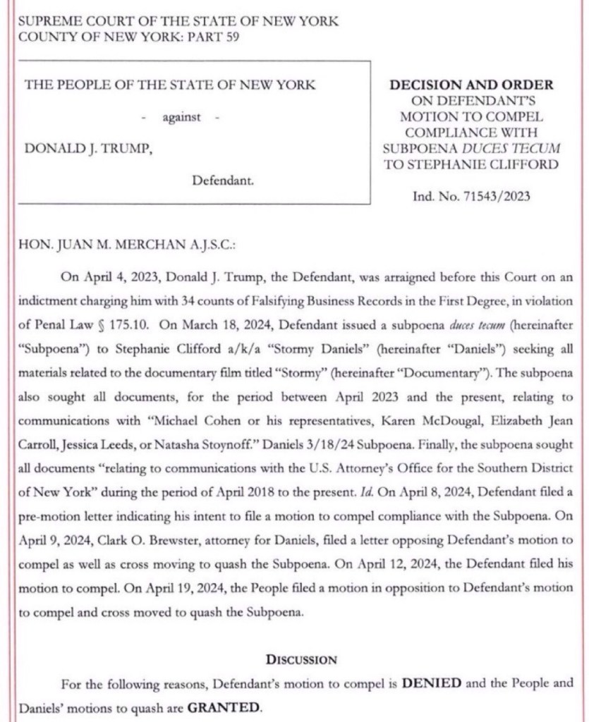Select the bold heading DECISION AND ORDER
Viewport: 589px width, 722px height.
(472, 85)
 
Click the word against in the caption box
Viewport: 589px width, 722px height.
(181, 118)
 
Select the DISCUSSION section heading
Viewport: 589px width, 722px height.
(301, 660)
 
